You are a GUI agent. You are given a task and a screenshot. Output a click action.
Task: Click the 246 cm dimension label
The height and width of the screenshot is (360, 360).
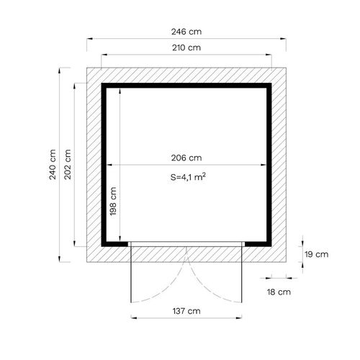click(x=186, y=32)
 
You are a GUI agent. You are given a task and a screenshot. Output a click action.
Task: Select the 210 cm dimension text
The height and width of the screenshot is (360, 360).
click(x=186, y=48)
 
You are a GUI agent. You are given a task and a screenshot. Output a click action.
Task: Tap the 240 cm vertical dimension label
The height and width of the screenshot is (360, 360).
click(x=53, y=164)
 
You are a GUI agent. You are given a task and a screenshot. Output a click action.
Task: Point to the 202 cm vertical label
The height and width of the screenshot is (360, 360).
click(x=68, y=164)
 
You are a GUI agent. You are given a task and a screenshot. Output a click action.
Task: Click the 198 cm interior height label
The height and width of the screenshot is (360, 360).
click(x=113, y=201)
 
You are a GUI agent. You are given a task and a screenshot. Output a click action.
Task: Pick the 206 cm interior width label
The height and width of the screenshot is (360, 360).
click(x=186, y=158)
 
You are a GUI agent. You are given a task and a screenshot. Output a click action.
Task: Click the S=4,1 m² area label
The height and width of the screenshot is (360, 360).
click(x=188, y=177)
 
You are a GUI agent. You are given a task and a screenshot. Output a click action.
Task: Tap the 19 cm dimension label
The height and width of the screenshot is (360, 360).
click(x=317, y=254)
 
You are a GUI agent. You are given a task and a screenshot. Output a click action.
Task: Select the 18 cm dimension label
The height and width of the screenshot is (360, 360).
click(x=279, y=292)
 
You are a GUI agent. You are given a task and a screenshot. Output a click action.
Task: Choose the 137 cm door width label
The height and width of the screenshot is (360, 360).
click(x=186, y=311)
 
